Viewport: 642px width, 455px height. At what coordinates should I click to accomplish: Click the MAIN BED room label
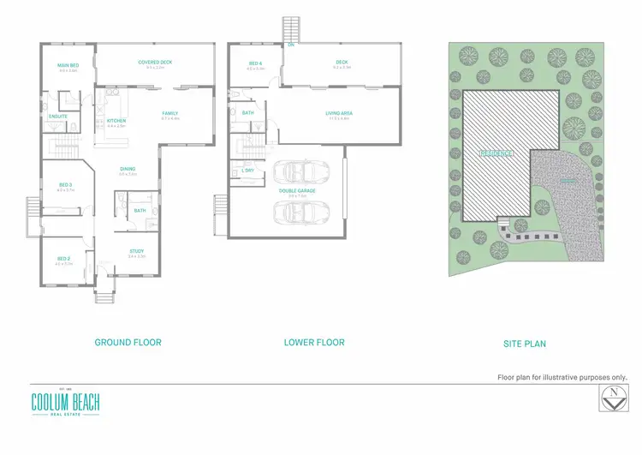click(x=68, y=65)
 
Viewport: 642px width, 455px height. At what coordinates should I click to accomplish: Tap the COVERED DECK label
click(x=155, y=62)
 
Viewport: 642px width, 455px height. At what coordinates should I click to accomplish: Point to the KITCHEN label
click(x=116, y=121)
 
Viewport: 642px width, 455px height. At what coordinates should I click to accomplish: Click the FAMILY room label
click(x=170, y=113)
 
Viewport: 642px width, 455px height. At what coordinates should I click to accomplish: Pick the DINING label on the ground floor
click(x=127, y=169)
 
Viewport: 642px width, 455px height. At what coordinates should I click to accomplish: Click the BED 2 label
click(x=64, y=258)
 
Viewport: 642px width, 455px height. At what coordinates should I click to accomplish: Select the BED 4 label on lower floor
click(x=256, y=63)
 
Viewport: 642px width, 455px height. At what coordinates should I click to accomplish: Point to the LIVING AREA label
click(x=340, y=112)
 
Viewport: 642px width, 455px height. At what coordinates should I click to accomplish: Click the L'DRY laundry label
click(x=248, y=171)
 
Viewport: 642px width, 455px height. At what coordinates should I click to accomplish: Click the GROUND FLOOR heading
click(x=128, y=342)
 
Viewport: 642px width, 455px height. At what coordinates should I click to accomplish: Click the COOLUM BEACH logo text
click(x=65, y=400)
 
